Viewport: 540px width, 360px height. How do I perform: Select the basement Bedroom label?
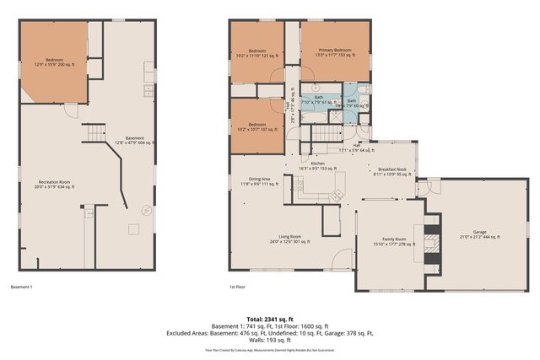coord(54,62)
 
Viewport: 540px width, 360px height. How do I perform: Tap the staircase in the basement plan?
coord(94,133)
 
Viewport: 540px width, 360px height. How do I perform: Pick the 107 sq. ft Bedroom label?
coord(259,126)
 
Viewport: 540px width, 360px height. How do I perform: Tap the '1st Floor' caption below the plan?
coord(238,287)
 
